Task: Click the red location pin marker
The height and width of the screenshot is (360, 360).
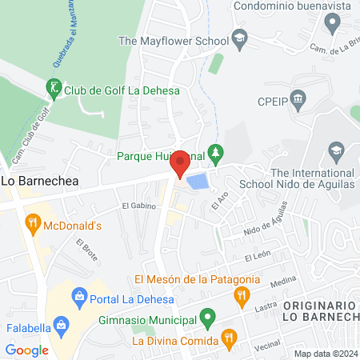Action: pyautogui.click(x=180, y=162)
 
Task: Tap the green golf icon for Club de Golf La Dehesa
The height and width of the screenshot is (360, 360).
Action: pyautogui.click(x=54, y=88)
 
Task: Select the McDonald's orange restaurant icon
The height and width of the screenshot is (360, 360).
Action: pyautogui.click(x=33, y=224)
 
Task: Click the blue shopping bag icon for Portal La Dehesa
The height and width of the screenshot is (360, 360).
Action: pyautogui.click(x=78, y=298)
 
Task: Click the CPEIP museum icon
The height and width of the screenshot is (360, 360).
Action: pyautogui.click(x=298, y=102)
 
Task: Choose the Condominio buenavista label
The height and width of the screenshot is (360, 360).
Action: pyautogui.click(x=294, y=6)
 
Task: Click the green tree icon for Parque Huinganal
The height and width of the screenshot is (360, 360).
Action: pyautogui.click(x=214, y=152)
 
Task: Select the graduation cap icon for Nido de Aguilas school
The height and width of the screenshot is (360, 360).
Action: pyautogui.click(x=336, y=150)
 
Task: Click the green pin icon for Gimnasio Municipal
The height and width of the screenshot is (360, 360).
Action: pyautogui.click(x=207, y=321)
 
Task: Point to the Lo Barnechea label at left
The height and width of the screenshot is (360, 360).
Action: pyautogui.click(x=33, y=182)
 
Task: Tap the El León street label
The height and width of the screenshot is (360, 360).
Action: pyautogui.click(x=259, y=257)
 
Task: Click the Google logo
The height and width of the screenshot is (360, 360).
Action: pyautogui.click(x=26, y=350)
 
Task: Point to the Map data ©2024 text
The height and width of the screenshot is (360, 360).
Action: pyautogui.click(x=326, y=354)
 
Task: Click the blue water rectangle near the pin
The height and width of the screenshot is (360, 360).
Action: pyautogui.click(x=195, y=182)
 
